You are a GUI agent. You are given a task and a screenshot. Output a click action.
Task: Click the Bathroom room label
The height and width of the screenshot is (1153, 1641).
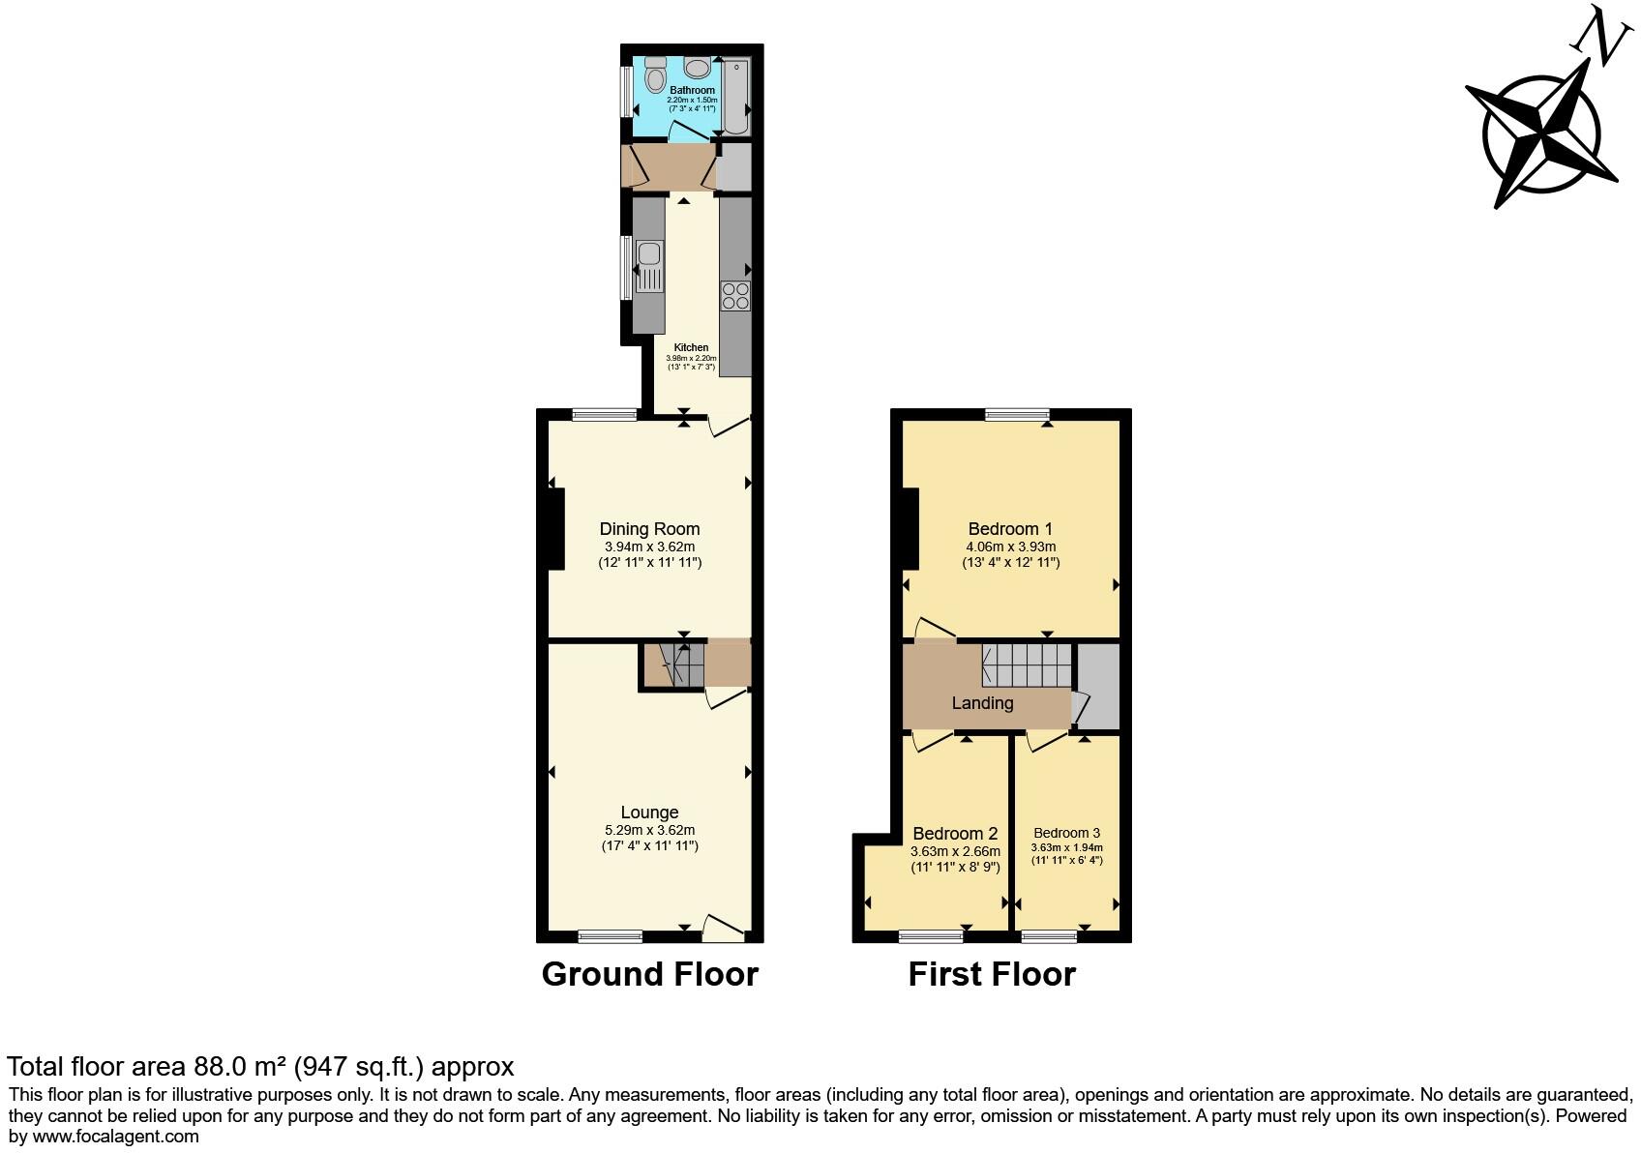(x=692, y=90)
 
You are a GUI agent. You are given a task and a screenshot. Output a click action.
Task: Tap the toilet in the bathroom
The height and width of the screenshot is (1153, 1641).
(x=655, y=76)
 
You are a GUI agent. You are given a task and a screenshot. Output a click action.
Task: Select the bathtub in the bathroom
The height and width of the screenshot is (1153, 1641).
(x=736, y=96)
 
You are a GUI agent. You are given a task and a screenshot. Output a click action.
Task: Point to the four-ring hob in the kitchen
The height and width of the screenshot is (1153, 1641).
(x=735, y=295)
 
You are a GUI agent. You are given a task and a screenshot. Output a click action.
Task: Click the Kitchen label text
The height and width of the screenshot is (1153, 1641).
(x=691, y=347)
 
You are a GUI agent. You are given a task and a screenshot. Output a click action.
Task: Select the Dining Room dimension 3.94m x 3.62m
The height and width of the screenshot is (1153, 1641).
(x=649, y=547)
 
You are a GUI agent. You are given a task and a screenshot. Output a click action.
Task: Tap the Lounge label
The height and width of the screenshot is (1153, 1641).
(x=649, y=813)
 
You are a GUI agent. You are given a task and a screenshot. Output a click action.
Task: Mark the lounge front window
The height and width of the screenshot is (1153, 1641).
(x=611, y=935)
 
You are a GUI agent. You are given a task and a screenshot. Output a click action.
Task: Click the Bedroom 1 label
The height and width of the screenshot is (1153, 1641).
(x=1010, y=529)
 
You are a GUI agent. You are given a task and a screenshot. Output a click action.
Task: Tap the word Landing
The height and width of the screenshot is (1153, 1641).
(x=982, y=703)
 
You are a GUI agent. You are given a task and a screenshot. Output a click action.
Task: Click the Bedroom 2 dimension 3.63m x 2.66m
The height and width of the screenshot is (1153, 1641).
(x=955, y=851)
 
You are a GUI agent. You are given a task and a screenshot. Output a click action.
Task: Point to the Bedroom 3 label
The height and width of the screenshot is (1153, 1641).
(x=1066, y=833)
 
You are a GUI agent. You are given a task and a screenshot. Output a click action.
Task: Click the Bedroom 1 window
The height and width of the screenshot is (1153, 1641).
(x=1018, y=415)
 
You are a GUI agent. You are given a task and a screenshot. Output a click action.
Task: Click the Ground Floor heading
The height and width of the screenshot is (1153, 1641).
(x=649, y=974)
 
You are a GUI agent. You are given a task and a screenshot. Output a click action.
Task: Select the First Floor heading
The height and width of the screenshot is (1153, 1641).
(x=992, y=974)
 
